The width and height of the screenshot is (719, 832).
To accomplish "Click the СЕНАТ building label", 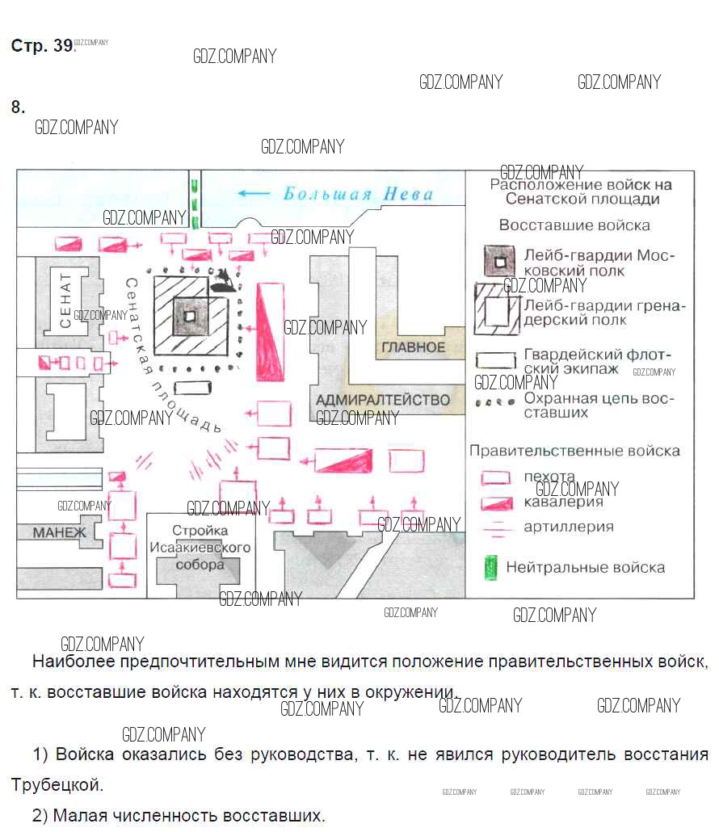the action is [65, 300].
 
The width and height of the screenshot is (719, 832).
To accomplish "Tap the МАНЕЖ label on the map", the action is [60, 533].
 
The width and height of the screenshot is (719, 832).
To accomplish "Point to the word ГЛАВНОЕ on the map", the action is [414, 347].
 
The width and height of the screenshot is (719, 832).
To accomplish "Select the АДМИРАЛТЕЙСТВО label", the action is [383, 400].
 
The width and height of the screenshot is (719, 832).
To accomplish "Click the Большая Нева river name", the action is [358, 194].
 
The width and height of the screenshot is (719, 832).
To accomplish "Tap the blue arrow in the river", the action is [254, 193].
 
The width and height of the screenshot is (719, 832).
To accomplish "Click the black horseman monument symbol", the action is [223, 280].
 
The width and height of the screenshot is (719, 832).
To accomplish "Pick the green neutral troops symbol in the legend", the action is [491, 568].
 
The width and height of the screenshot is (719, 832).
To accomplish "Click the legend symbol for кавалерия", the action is [497, 503].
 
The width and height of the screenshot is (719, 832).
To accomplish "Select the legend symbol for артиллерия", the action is [497, 528].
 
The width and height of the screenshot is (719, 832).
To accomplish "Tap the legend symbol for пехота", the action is [495, 477].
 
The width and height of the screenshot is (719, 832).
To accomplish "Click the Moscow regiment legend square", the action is [498, 261].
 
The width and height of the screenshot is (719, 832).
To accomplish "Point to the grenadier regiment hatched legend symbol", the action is [497, 309].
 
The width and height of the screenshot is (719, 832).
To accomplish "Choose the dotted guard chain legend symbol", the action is [495, 403].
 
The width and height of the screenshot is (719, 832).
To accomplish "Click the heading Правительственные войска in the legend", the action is [574, 451].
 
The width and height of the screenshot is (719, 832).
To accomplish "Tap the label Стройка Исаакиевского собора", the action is [200, 548].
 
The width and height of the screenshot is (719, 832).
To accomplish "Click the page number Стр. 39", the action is [43, 45].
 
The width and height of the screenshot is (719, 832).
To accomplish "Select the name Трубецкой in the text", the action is [57, 785].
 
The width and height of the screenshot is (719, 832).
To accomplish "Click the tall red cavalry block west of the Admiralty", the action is [270, 332].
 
